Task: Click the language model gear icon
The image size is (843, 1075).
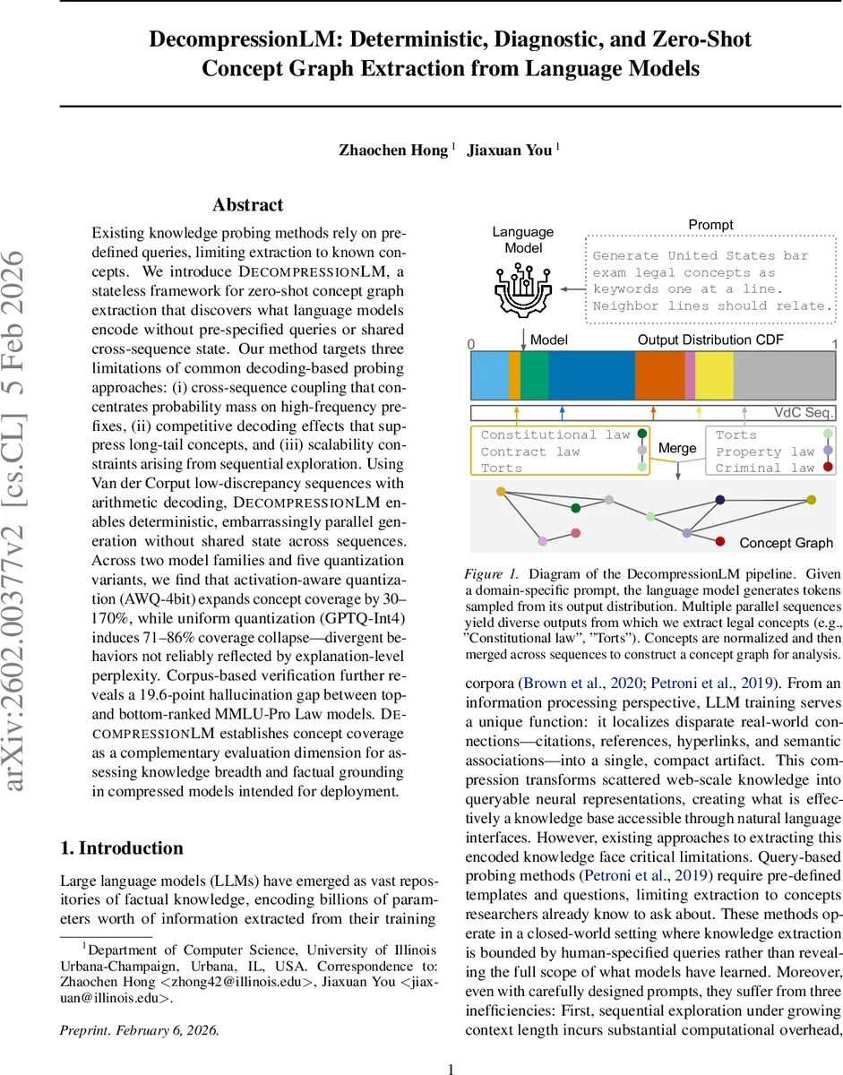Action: [x=523, y=287]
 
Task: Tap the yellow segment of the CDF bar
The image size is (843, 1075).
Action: [x=714, y=375]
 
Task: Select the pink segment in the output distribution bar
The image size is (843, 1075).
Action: [x=690, y=375]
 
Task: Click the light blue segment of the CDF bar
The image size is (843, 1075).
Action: [x=489, y=375]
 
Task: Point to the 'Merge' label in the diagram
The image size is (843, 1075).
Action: [x=677, y=448]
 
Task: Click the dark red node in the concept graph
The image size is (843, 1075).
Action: [x=720, y=541]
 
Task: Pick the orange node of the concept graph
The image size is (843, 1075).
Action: [x=501, y=491]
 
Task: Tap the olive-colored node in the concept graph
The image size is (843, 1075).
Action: [x=811, y=499]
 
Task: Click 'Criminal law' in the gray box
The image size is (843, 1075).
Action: [x=764, y=468]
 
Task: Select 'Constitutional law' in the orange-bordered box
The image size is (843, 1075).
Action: [x=555, y=434]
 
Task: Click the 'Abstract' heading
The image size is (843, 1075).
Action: [x=248, y=205]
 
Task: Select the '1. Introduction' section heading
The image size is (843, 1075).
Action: [x=121, y=848]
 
